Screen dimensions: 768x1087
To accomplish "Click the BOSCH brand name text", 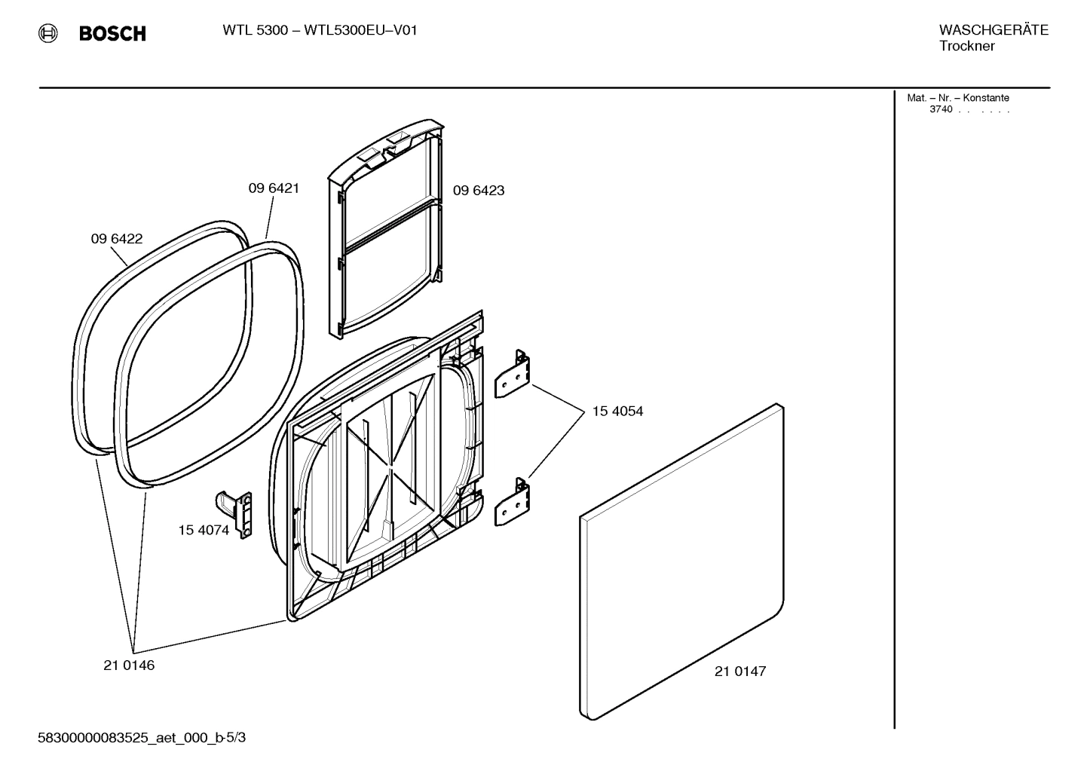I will click(x=112, y=34).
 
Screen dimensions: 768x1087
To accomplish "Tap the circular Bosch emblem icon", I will click(x=49, y=33).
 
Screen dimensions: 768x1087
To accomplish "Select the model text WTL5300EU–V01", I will click(x=360, y=30).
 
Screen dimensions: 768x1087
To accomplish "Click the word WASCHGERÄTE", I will click(x=994, y=30).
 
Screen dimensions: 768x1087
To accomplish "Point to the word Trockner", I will click(x=966, y=46).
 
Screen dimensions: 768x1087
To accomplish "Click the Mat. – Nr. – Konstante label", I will click(x=957, y=98).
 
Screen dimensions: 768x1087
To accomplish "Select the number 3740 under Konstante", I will click(x=941, y=109).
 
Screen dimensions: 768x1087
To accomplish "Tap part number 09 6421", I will click(x=274, y=188).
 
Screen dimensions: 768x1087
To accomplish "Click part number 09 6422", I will click(x=117, y=239).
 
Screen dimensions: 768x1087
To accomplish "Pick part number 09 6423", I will click(x=479, y=191).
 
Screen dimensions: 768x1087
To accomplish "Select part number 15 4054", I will click(x=617, y=412).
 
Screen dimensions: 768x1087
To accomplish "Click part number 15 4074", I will click(x=204, y=530).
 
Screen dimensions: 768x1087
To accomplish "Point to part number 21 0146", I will click(x=129, y=665).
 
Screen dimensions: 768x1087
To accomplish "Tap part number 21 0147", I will click(x=740, y=672).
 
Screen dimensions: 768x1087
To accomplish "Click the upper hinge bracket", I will click(x=513, y=374).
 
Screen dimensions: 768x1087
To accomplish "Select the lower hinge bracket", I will click(x=513, y=502).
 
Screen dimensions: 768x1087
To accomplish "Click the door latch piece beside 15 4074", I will click(x=236, y=512).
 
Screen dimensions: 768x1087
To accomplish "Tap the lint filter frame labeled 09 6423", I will click(x=384, y=226).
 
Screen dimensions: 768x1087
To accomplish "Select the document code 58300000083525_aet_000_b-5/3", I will click(x=142, y=738).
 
